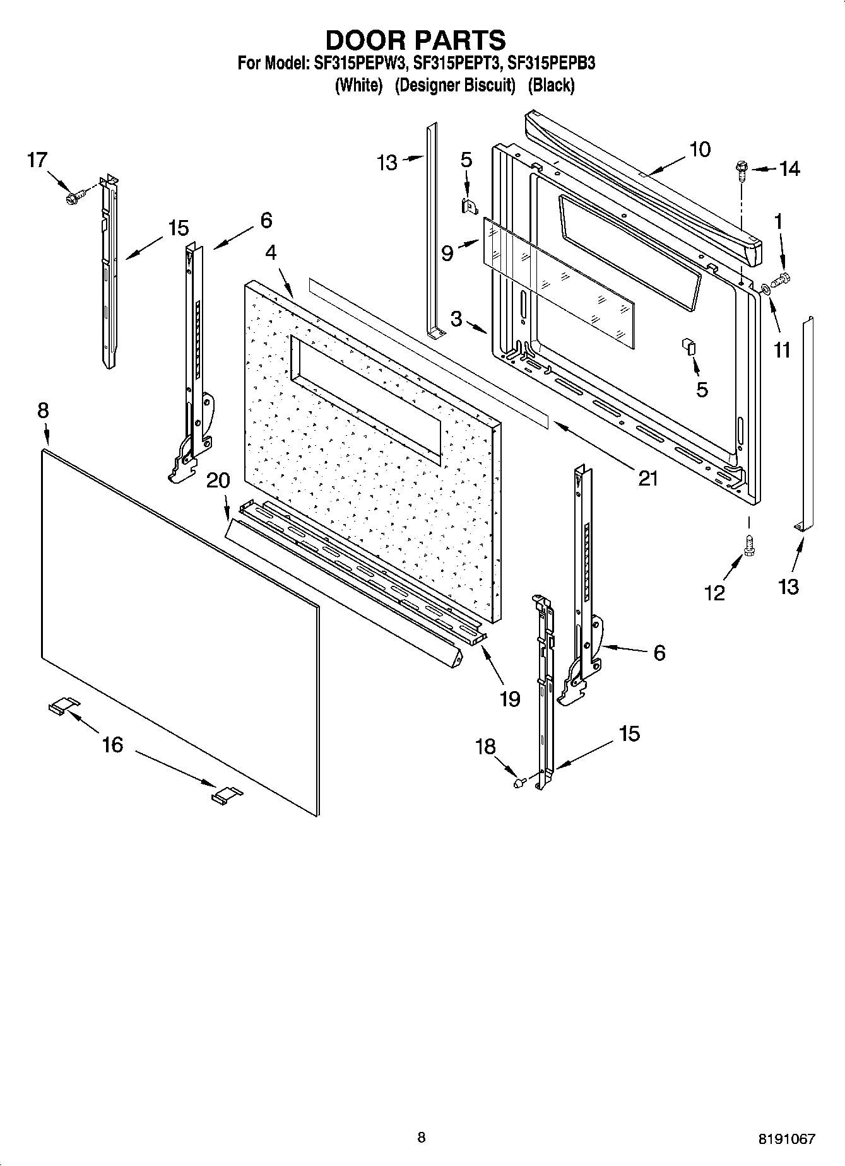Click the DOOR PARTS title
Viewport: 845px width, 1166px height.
point(415,40)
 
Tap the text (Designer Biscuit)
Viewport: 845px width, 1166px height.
point(455,85)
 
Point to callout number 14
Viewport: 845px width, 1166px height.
point(789,169)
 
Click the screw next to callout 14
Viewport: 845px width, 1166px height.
point(741,170)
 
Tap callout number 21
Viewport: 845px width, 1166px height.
point(647,478)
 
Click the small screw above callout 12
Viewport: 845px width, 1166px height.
point(750,544)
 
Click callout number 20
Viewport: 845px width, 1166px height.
point(218,481)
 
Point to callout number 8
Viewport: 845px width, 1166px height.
point(42,411)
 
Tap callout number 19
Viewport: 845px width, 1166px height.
point(509,698)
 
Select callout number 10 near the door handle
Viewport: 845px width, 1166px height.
point(699,149)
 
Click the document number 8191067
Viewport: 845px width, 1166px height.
point(786,1139)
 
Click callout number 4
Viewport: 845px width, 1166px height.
point(271,252)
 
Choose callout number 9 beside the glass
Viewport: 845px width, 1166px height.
point(447,254)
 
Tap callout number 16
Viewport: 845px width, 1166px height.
point(112,745)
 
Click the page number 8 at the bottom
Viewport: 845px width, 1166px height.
point(422,1137)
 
